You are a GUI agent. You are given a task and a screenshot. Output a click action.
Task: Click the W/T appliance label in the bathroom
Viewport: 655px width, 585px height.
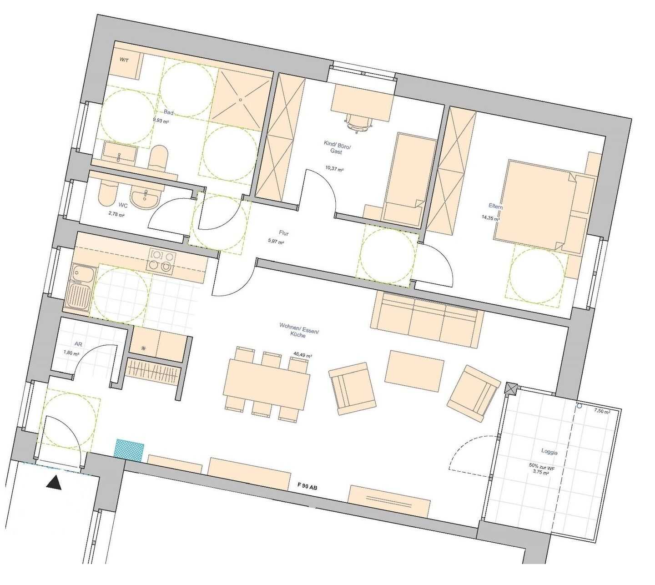tap(124, 60)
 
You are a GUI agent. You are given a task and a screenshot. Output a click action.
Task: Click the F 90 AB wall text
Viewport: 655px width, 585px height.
tap(307, 487)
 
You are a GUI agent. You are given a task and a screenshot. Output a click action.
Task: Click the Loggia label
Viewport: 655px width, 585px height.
tap(549, 452)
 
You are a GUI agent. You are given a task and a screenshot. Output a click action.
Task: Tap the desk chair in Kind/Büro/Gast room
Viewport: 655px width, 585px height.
tap(359, 123)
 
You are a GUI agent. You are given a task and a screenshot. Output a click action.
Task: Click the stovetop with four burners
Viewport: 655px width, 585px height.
tap(162, 261)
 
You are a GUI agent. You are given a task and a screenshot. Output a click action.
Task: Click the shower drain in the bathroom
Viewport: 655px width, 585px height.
tap(241, 100)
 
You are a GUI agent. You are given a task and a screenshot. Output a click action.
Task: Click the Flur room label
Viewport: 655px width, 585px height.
tap(283, 233)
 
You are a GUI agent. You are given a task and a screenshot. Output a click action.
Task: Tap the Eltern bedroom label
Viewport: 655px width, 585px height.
tap(495, 206)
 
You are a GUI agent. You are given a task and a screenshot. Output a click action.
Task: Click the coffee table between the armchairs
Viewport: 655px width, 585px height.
tap(414, 371)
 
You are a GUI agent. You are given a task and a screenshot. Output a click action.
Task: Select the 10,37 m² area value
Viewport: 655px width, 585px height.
tap(334, 168)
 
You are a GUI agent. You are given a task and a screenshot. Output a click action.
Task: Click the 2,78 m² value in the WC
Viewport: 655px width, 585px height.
tap(117, 214)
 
